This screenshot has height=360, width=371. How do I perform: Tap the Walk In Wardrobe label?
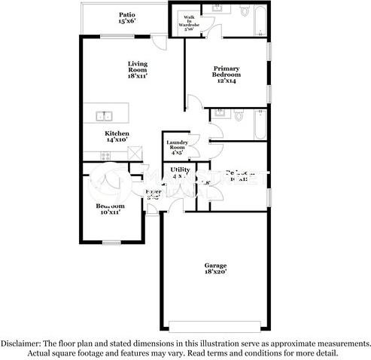[188, 25]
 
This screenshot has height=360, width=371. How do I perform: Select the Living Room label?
[138, 71]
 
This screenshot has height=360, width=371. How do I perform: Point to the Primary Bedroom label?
[226, 72]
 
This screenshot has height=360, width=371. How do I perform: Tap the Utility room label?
[180, 172]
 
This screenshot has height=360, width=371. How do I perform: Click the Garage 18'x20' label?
[216, 268]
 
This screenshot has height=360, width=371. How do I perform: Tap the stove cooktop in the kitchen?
[105, 156]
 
